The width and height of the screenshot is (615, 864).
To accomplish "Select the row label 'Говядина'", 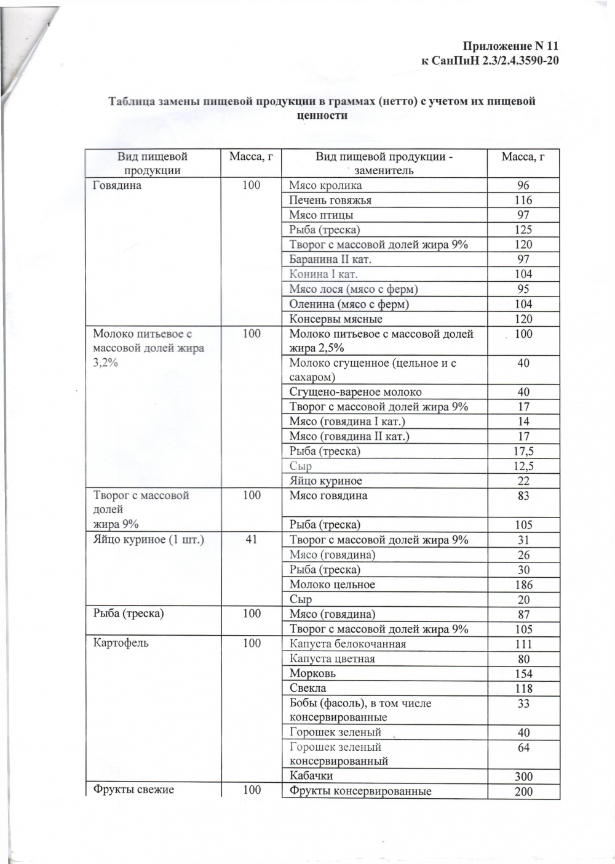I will click(117, 185).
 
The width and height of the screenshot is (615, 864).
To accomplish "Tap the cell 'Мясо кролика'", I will click(325, 185).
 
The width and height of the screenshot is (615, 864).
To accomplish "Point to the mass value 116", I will click(523, 200).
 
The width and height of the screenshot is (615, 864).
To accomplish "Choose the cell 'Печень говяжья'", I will click(330, 200).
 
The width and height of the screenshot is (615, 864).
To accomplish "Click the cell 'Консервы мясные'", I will click(336, 319).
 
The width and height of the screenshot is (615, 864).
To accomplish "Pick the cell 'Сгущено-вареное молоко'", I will click(355, 392).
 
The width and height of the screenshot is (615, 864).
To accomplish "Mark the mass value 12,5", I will click(523, 466).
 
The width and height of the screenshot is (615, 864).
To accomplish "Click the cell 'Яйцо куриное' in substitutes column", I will click(325, 481).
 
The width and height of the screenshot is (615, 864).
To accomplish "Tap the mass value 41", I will click(251, 540).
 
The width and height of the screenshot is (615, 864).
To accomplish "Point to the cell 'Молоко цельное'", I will click(332, 585).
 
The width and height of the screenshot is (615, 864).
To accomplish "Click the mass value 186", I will click(523, 585).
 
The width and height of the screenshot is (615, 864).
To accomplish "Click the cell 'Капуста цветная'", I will click(332, 658).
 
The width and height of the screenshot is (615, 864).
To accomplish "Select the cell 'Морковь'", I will click(312, 673).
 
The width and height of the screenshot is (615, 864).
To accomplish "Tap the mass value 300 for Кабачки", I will click(523, 777).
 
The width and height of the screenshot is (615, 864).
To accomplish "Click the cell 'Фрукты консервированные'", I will click(360, 791).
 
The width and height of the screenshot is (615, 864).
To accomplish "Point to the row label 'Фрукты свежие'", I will click(133, 790).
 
